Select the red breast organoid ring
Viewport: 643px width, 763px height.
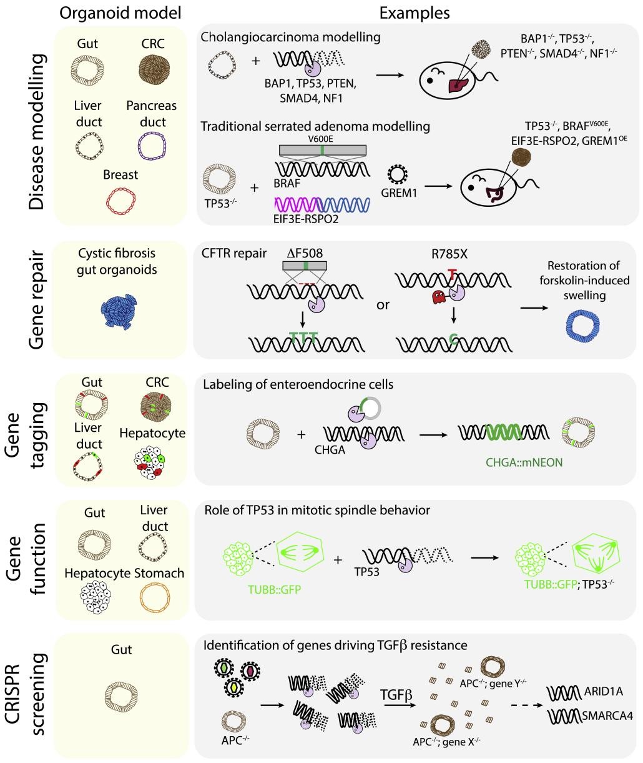[x=121, y=201]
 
